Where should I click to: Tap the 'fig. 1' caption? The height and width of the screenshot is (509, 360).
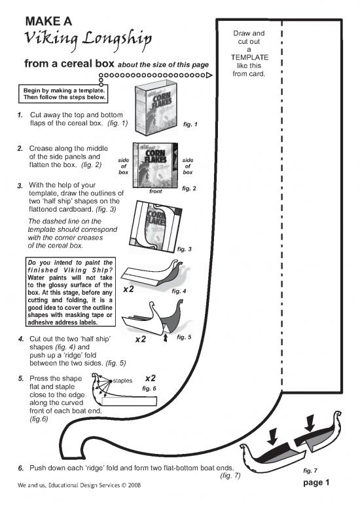click(x=190, y=124)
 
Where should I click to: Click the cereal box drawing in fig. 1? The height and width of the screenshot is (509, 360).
click(x=156, y=108)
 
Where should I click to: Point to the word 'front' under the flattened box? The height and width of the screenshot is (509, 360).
click(x=155, y=191)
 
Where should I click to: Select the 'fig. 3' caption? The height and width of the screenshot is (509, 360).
click(x=184, y=250)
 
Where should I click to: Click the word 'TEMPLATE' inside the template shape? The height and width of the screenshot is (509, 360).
click(x=249, y=58)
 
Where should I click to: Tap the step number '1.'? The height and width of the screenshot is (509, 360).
click(x=20, y=115)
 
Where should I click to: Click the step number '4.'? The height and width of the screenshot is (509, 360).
click(x=22, y=339)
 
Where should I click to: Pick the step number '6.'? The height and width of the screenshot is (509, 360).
click(x=21, y=468)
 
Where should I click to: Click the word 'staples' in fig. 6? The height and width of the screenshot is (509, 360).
click(x=122, y=381)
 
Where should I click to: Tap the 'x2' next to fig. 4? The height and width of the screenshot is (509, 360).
click(x=128, y=289)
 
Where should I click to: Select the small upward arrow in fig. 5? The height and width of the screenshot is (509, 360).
click(x=166, y=338)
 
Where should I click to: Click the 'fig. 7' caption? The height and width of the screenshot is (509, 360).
click(x=310, y=471)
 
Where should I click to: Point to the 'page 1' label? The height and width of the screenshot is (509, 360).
click(x=316, y=483)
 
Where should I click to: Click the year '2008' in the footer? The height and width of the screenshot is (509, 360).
click(x=134, y=485)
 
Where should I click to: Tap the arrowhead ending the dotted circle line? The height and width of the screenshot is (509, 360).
click(x=209, y=75)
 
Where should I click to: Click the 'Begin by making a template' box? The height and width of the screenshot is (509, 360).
click(x=63, y=94)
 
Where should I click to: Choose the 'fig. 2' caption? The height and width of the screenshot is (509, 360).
click(x=189, y=188)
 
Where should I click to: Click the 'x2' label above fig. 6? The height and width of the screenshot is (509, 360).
click(x=151, y=378)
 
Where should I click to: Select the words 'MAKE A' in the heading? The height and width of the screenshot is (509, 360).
click(x=48, y=22)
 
